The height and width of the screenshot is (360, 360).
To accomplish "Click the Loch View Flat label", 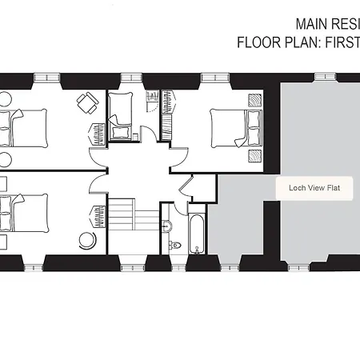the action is [314, 188].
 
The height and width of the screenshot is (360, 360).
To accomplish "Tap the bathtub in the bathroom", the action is [197, 234].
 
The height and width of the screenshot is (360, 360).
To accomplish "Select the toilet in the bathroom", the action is [175, 244].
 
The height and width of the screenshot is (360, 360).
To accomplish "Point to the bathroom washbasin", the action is [166, 226].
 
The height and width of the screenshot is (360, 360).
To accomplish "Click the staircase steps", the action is [134, 214].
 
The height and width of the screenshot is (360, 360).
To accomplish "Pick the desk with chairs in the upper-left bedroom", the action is [88, 102].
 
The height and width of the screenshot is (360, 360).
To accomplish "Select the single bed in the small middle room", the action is [120, 116].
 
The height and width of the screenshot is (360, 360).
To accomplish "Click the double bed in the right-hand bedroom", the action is [236, 128].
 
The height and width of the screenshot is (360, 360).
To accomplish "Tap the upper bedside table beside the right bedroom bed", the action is [255, 100].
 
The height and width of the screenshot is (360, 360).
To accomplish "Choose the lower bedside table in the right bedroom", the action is [255, 156].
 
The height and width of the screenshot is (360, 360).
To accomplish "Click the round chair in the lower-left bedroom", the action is [87, 240].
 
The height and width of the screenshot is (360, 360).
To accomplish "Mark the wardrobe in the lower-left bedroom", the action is [98, 217].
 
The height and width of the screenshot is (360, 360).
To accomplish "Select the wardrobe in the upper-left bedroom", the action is [97, 134].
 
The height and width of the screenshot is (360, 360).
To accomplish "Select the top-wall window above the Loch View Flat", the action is [325, 78].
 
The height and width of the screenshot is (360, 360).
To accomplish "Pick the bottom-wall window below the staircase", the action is [132, 268].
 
